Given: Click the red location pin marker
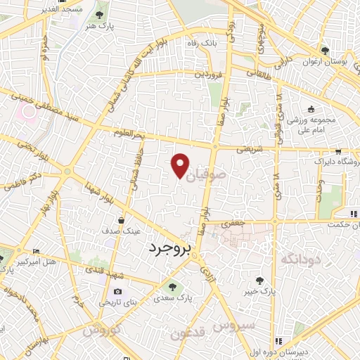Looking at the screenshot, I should [181, 164].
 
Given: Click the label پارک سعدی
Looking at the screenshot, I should [172, 298].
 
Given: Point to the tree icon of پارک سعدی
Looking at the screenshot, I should [172, 286].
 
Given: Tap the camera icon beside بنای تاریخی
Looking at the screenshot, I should [117, 291].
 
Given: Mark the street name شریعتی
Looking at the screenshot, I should [252, 149].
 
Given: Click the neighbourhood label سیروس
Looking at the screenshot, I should [236, 327].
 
